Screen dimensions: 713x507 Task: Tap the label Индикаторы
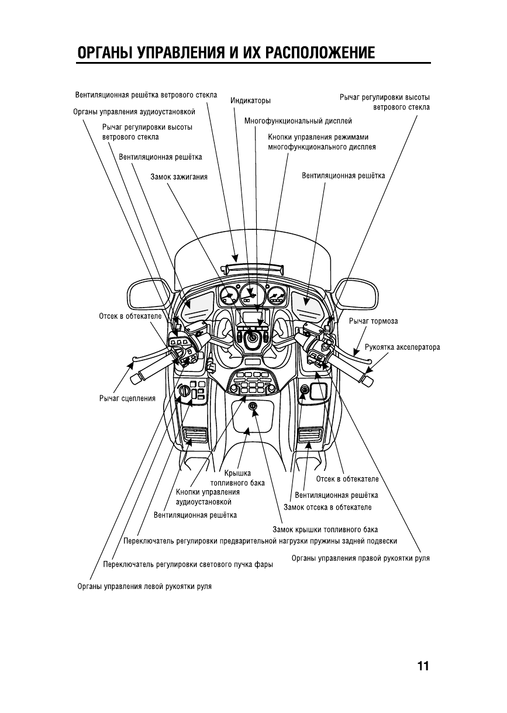click(x=250, y=101)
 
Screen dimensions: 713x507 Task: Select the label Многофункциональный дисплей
click(x=298, y=121)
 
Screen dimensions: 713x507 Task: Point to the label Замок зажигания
click(x=178, y=176)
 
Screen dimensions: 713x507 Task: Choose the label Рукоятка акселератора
click(x=402, y=347)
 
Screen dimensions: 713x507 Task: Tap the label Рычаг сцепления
click(x=127, y=398)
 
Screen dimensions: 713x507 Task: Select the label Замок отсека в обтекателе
click(x=327, y=507)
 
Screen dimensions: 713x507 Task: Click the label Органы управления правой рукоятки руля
click(x=360, y=558)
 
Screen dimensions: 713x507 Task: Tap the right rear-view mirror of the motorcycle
click(x=356, y=293)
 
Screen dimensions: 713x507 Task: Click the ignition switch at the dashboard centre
click(x=252, y=337)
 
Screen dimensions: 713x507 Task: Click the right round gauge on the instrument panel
click(x=276, y=295)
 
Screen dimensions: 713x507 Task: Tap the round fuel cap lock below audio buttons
click(x=253, y=406)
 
